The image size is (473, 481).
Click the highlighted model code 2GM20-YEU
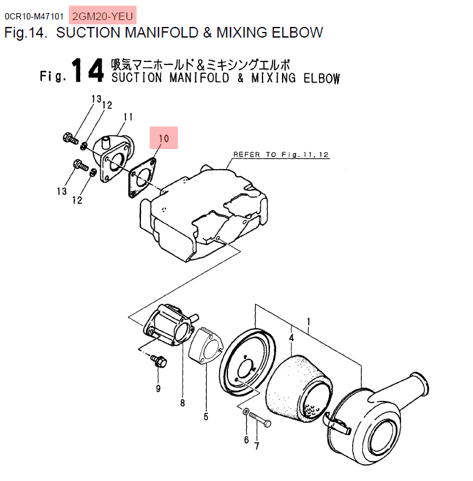(x=103, y=16)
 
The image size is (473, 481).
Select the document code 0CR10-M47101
(x=34, y=16)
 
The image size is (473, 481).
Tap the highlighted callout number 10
(x=164, y=138)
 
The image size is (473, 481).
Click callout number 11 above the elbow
(x=128, y=117)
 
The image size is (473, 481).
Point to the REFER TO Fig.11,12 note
(x=281, y=155)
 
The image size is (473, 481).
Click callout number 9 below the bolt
(x=158, y=389)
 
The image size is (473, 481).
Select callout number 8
(x=183, y=403)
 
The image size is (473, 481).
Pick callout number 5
(x=206, y=416)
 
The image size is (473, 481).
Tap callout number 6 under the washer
(x=246, y=440)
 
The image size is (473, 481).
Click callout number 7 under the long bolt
(x=257, y=446)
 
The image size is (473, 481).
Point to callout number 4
(x=291, y=338)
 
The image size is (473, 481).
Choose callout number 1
(x=308, y=322)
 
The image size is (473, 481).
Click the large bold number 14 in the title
(x=88, y=71)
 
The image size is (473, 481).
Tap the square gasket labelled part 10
(x=142, y=178)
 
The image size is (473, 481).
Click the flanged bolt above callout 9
(x=159, y=361)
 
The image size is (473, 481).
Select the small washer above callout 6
(x=246, y=411)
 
